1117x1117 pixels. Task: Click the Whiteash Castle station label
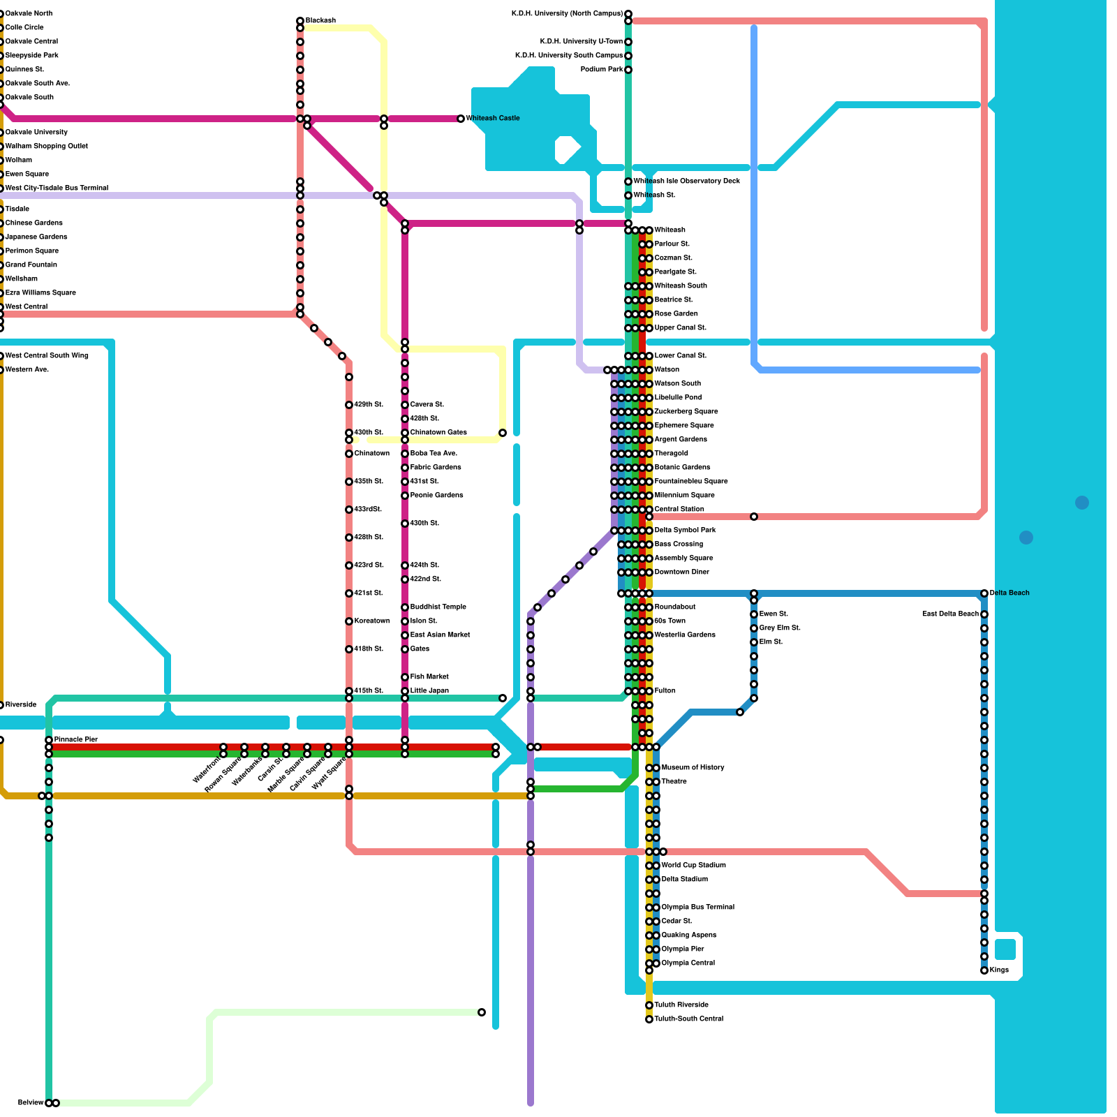coord(492,118)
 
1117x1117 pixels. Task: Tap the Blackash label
coord(320,21)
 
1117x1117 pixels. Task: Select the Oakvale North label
coord(29,13)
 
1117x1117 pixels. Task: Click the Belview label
coord(31,1102)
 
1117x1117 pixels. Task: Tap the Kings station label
coord(999,970)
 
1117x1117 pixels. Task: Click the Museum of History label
coord(693,767)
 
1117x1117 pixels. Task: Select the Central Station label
coord(679,509)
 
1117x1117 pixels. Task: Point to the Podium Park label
coord(602,69)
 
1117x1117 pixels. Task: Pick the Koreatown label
coord(372,621)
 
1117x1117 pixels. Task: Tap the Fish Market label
coord(429,676)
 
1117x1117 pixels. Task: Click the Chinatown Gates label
coord(438,432)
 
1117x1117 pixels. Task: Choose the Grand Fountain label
coord(31,265)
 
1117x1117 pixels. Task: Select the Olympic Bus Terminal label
coord(697,907)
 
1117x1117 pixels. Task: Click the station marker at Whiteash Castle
coord(461,119)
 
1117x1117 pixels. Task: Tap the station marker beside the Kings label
coord(984,970)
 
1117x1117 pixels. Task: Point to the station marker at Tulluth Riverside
coord(649,1005)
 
